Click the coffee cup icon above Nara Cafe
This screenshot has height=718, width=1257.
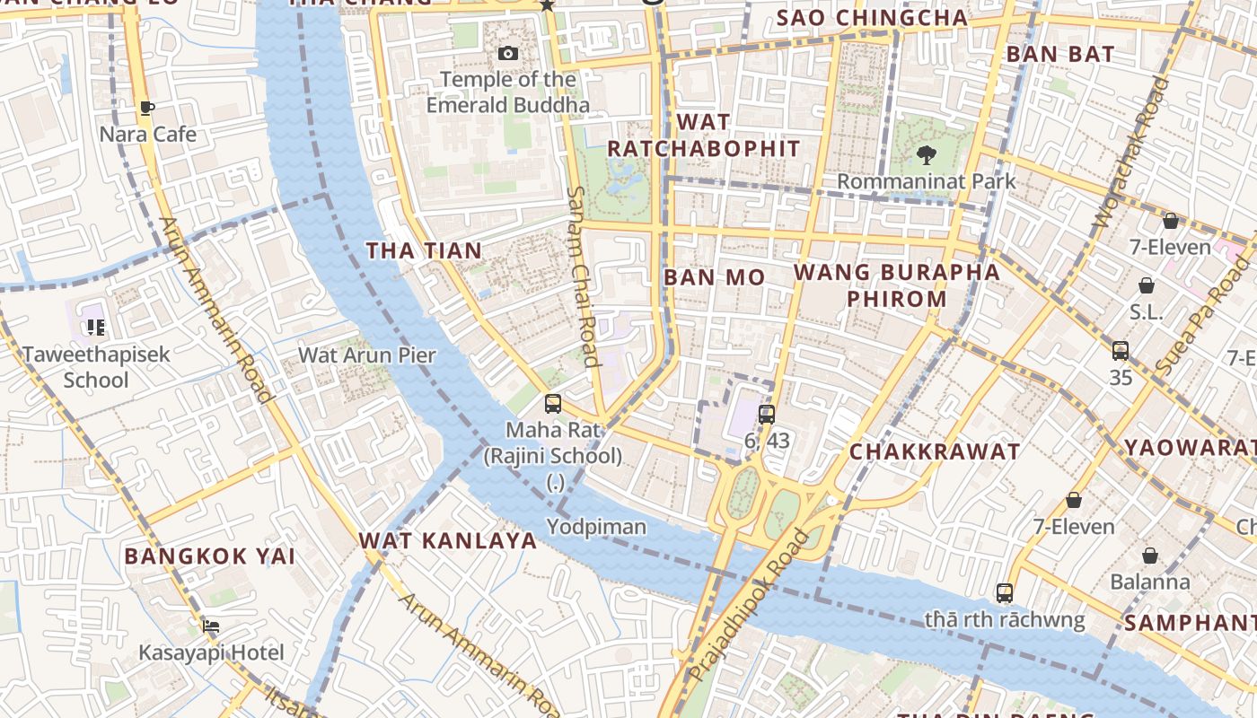[147, 109]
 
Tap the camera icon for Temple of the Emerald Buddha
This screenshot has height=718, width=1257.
[508, 54]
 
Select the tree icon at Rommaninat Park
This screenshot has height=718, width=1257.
[926, 155]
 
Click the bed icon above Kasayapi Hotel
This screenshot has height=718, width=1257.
[210, 626]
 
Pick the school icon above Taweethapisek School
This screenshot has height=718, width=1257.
[96, 328]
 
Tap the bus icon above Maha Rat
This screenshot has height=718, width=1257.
[553, 404]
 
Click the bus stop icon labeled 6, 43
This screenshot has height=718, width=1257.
[766, 414]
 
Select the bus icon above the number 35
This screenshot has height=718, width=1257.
[1120, 351]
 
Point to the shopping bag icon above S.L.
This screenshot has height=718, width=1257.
[1146, 286]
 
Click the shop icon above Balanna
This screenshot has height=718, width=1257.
[1149, 556]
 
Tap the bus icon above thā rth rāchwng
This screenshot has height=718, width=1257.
[1004, 593]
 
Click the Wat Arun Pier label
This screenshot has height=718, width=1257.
[366, 355]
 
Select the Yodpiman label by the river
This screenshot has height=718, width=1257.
[596, 527]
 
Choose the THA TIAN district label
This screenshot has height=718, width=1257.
[424, 250]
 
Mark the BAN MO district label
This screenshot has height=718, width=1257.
[714, 277]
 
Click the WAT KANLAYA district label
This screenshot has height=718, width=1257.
[447, 540]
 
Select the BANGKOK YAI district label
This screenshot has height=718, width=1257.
[209, 556]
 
